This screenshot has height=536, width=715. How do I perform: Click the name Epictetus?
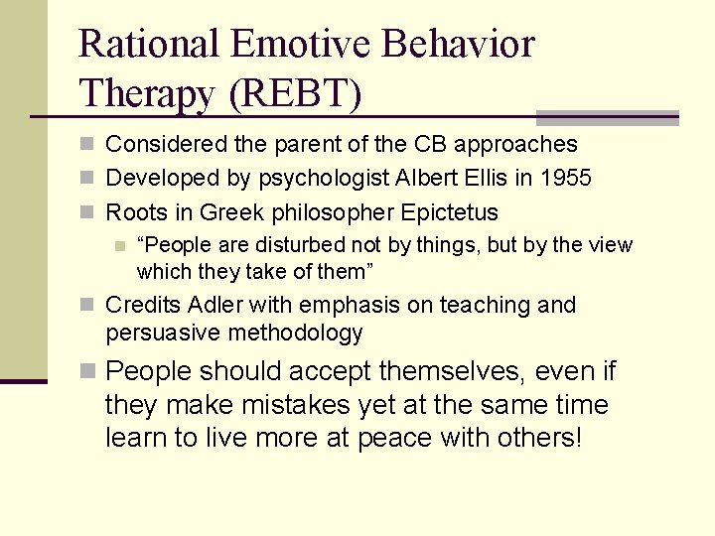pyautogui.click(x=450, y=212)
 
